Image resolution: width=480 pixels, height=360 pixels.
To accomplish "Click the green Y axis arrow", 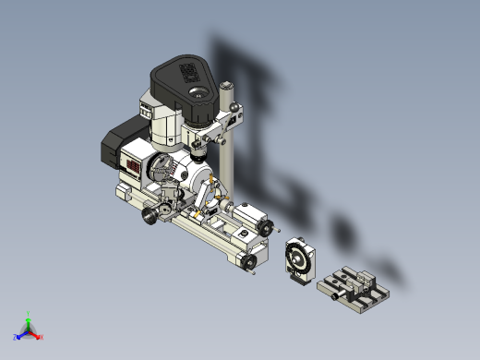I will pos(29,317).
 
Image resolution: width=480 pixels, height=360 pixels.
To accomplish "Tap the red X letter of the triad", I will pos(42,337).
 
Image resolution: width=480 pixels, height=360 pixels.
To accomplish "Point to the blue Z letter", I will pos(17,337).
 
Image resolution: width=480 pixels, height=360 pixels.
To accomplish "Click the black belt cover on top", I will pos(185,78).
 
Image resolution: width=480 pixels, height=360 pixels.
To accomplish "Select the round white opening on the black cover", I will pos(198,92).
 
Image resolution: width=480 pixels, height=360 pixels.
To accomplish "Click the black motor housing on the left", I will pos(115,148).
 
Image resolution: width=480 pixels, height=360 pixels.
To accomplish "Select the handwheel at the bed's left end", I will pos(149,218).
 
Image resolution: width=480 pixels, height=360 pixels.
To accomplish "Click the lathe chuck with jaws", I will pos(159,169).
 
